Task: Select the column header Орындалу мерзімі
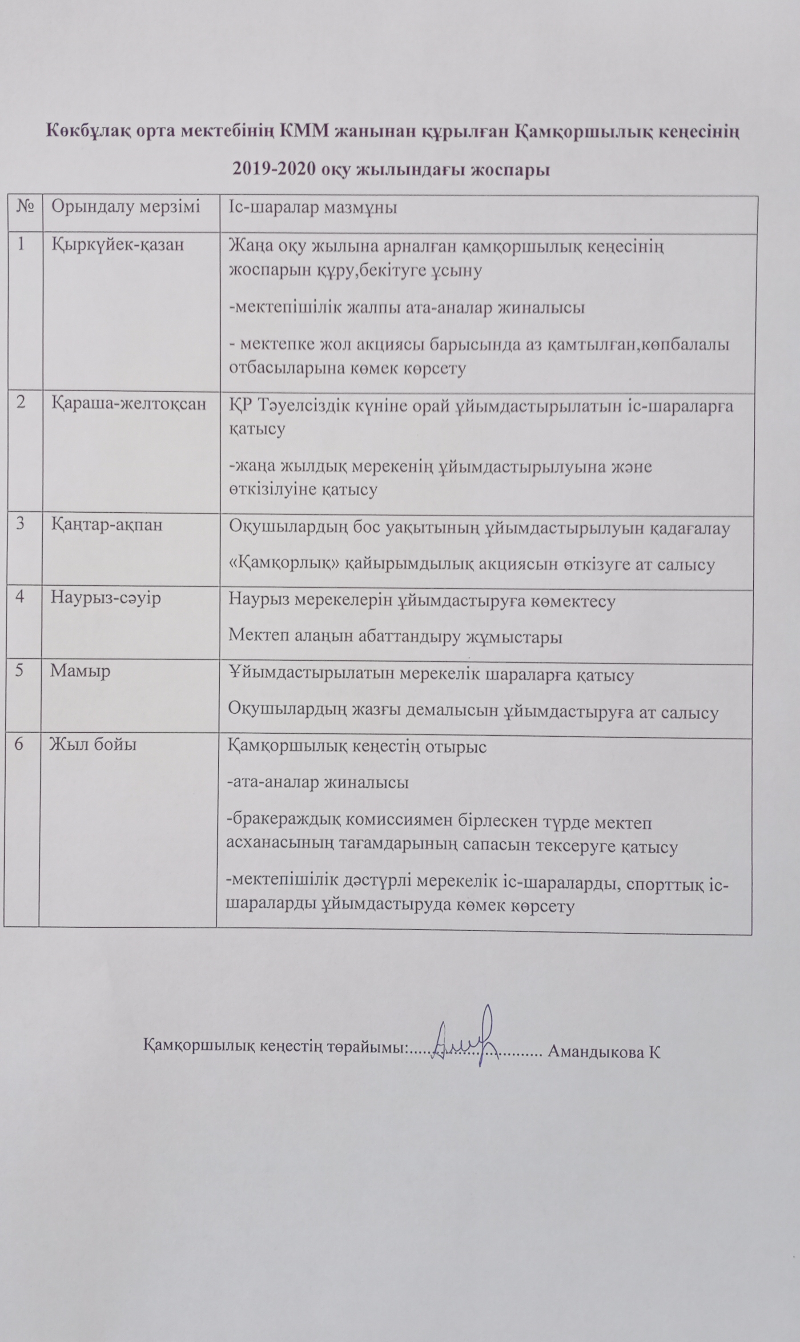[x=125, y=206]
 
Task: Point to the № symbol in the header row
[x=26, y=206]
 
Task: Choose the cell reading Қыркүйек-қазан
[x=117, y=245]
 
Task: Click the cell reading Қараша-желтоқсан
[x=129, y=404]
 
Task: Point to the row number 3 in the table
[x=20, y=524]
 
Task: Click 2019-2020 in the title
[x=274, y=169]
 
